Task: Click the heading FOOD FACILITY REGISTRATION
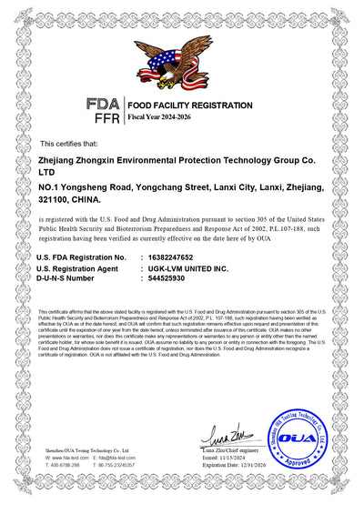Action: click(189, 106)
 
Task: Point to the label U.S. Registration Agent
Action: click(76, 269)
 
